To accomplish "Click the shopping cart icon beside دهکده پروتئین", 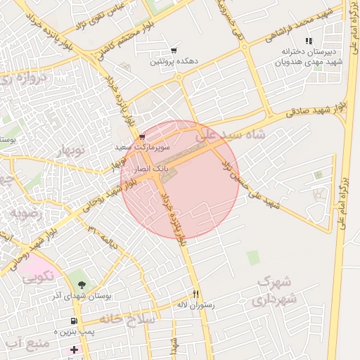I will pyautogui.click(x=174, y=51).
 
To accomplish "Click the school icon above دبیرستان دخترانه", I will pyautogui.click(x=308, y=41).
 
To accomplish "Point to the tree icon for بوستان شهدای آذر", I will pyautogui.click(x=82, y=285).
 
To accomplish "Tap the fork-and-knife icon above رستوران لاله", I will pyautogui.click(x=195, y=295).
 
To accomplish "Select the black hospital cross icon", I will pyautogui.click(x=74, y=349).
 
